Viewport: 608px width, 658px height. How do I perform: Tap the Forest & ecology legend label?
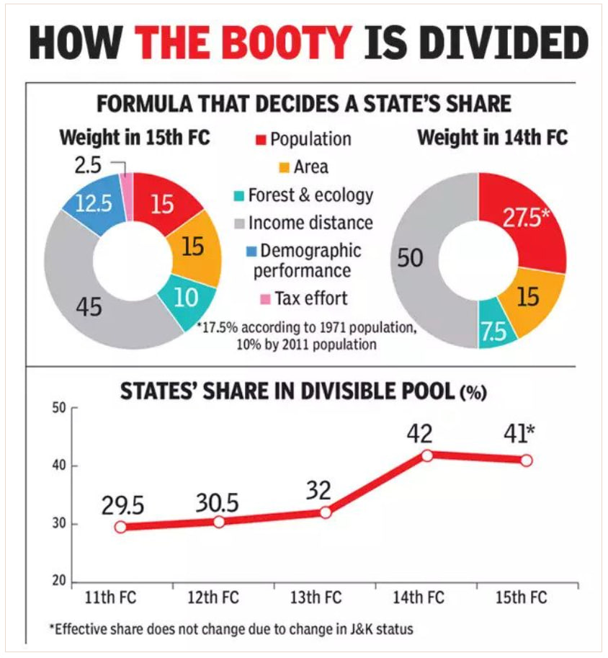(310, 195)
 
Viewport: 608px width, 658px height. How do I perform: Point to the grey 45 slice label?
(90, 308)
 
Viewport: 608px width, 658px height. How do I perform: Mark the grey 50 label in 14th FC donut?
(411, 258)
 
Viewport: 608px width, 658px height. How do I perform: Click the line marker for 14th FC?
(427, 455)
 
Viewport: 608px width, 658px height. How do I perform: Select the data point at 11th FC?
(120, 527)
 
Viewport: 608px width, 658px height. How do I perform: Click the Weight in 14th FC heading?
(493, 136)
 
